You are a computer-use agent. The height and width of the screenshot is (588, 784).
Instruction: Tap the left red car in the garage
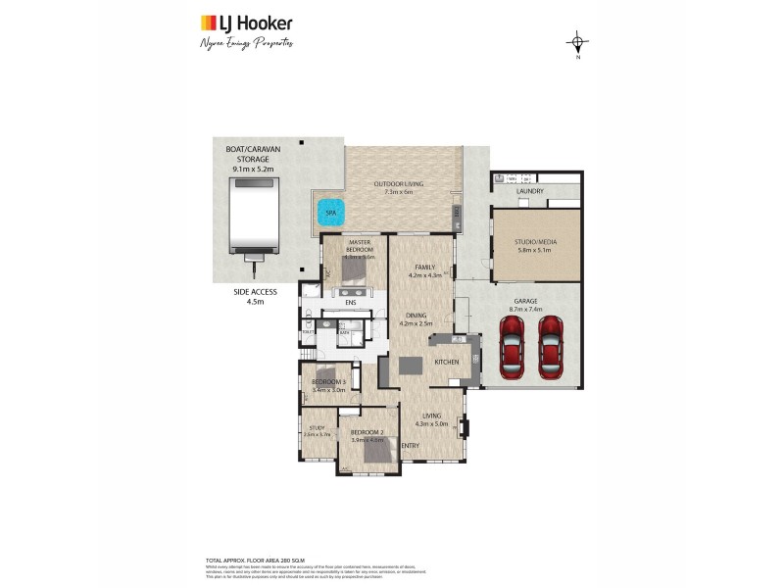coord(512,347)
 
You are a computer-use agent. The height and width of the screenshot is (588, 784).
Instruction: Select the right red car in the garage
coord(552,347)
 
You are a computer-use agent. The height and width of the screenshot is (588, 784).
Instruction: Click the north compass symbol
coord(578,43)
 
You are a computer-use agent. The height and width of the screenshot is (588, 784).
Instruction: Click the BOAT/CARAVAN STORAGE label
coord(252,159)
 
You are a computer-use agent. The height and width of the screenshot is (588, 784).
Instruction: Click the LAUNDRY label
coord(529,191)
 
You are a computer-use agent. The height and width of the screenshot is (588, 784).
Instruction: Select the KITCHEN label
coord(446,362)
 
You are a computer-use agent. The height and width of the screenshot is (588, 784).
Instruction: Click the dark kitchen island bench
coord(411,365)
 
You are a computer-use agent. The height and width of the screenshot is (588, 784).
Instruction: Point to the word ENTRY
coord(410,447)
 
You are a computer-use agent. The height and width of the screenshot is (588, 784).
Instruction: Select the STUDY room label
coord(317,427)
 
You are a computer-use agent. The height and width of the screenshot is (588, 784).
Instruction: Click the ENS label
coord(350,303)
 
